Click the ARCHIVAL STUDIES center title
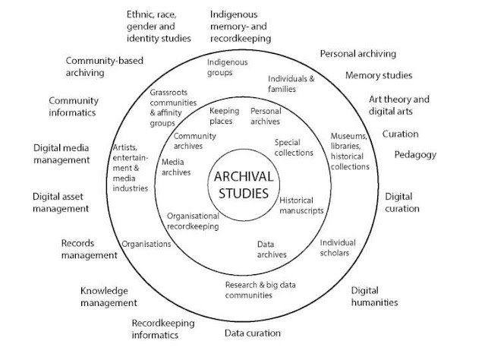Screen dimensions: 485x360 244,185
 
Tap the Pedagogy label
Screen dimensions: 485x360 415,155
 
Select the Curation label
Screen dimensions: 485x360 400,134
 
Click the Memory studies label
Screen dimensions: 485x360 379,75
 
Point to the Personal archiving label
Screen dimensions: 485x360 358,54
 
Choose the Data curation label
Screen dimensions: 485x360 253,333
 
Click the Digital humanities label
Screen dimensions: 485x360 374,296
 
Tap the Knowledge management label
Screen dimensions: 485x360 109,296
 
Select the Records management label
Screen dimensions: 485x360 89,249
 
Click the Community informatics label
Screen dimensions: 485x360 74,106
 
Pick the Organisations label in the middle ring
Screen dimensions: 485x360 146,244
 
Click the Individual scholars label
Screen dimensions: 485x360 338,248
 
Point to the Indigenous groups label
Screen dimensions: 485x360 228,67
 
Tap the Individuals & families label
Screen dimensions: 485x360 291,84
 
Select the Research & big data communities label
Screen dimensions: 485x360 260,290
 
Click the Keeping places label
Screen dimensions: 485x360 224,115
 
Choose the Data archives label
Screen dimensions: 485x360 272,249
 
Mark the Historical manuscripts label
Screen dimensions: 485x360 301,206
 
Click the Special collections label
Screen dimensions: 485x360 294,147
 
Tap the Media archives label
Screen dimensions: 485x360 176,167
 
